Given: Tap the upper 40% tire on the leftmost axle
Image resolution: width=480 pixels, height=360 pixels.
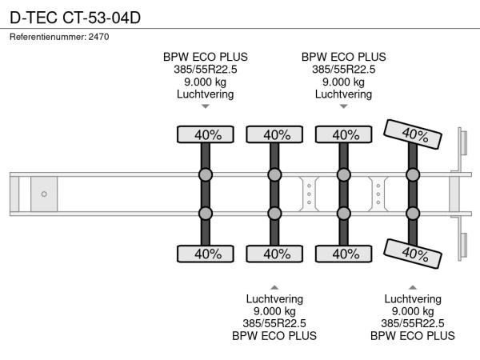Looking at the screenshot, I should coord(205,134).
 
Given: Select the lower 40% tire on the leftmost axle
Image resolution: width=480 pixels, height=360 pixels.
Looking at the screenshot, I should coord(205,254).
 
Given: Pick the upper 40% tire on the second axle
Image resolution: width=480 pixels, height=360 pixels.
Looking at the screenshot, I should coord(274,134).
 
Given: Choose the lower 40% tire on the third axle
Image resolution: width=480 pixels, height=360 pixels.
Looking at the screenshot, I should coord(344,254).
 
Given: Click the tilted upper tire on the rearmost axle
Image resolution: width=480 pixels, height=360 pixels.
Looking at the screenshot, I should coord(413,134).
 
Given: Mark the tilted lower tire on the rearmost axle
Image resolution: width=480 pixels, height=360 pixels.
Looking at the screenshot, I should coord(413,254).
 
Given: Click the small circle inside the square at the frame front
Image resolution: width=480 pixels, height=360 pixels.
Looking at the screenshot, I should coord(44,194).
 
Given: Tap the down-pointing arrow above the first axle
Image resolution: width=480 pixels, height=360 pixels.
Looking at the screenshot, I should coord(206,106).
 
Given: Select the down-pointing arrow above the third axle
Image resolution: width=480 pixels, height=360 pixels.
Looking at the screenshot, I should coord(344,106).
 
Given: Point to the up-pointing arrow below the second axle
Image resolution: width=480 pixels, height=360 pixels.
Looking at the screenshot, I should coord(274,286).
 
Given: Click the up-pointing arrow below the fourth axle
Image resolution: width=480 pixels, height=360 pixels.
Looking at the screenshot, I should coord(413,286).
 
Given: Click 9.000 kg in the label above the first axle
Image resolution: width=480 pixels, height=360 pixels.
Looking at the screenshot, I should coord(206,82).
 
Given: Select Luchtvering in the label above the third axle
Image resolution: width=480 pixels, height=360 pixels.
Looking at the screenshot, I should coord(344,94).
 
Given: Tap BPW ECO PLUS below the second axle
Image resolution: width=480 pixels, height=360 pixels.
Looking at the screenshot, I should coord(274,336).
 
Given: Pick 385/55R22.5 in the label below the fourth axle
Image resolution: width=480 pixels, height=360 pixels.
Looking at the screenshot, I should coord(413,323).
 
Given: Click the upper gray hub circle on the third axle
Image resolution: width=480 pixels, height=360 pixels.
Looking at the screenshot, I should coord(344,174).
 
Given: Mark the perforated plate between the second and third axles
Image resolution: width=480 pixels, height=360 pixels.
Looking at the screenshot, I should coord(309,194).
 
